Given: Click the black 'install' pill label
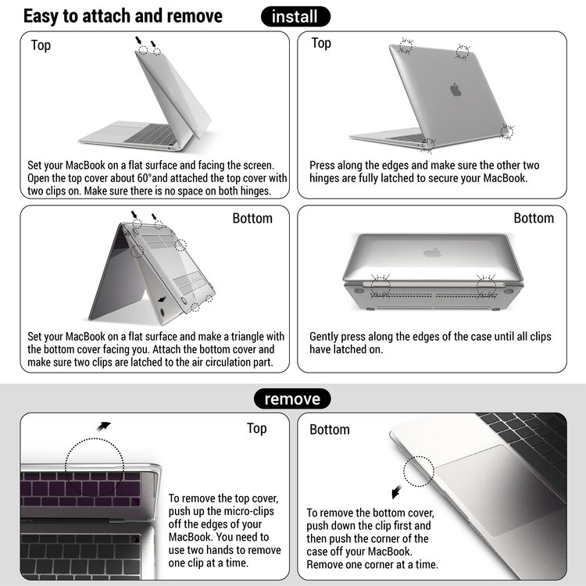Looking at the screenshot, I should (295, 16).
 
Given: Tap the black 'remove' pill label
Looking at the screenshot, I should (292, 399).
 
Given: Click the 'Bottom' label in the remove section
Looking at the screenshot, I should (330, 430).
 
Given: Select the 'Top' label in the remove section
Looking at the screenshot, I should (256, 428).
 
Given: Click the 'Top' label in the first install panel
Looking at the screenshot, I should (41, 45).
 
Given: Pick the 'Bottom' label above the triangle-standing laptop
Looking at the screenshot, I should (252, 218).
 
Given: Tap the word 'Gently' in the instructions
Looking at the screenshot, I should (328, 337).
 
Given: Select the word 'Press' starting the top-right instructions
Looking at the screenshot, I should (324, 166).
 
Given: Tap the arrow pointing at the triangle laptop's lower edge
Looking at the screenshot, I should (162, 298).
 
